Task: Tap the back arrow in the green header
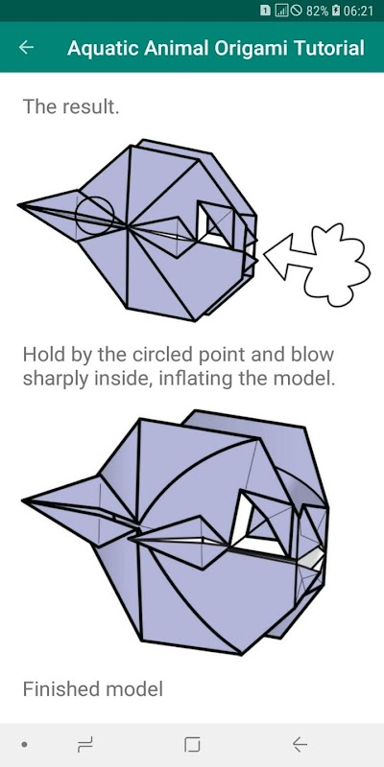click(26, 47)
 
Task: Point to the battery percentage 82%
click(317, 11)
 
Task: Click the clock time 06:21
click(358, 11)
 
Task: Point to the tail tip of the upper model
click(19, 205)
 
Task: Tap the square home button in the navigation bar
click(192, 745)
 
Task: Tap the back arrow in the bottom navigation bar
click(300, 745)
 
